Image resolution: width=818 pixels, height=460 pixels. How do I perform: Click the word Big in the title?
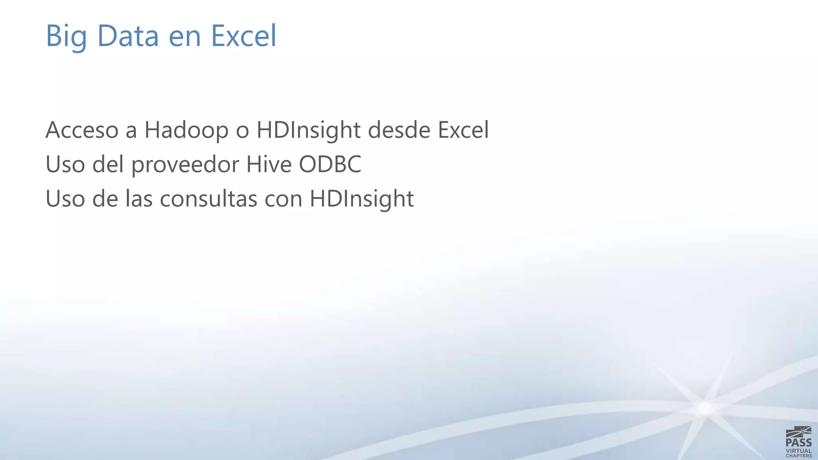tap(66, 36)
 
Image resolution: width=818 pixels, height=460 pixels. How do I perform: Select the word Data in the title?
tap(128, 36)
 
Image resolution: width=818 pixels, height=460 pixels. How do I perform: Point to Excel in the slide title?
tap(243, 36)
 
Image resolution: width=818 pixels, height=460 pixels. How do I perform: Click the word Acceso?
tap(82, 130)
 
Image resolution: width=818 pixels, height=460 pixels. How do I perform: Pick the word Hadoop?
tap(187, 130)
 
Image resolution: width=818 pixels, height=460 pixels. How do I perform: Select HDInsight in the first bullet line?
tap(308, 130)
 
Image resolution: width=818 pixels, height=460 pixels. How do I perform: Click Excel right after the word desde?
tap(463, 130)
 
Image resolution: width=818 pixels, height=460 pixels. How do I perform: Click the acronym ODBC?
tap(330, 165)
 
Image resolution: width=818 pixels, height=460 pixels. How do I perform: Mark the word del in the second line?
tap(108, 165)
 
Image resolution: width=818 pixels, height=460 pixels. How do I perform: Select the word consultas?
tap(208, 199)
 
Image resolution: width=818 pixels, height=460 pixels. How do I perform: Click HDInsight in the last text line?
tap(361, 199)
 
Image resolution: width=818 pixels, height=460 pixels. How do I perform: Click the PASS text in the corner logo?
tap(798, 442)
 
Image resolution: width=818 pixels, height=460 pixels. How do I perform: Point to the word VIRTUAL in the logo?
tap(798, 451)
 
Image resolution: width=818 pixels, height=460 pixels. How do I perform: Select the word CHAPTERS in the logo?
tap(798, 456)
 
